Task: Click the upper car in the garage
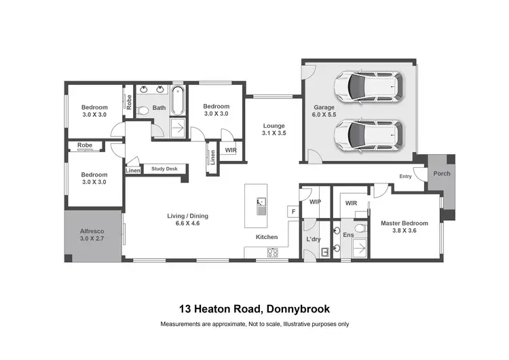click(368, 86)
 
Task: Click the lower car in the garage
click(368, 134)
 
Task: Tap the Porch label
click(441, 173)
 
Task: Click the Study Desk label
click(164, 169)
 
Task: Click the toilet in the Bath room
click(143, 110)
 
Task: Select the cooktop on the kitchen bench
click(273, 253)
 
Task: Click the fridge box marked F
click(293, 211)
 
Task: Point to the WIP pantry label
click(314, 202)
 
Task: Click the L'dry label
click(313, 240)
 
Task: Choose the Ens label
click(348, 234)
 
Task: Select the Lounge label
click(274, 126)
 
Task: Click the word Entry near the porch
click(405, 177)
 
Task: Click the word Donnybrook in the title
click(297, 309)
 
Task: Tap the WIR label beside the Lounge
click(231, 149)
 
